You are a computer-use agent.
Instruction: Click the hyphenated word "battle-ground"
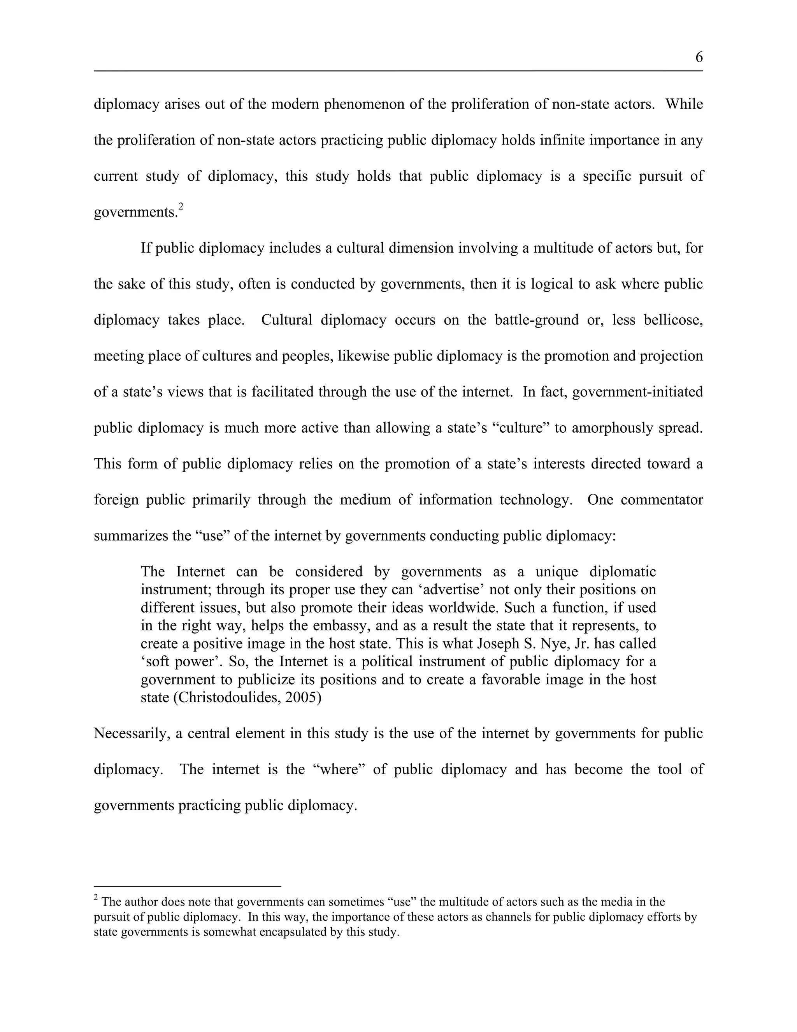click(x=536, y=320)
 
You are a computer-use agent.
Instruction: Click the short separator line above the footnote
click(x=188, y=887)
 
